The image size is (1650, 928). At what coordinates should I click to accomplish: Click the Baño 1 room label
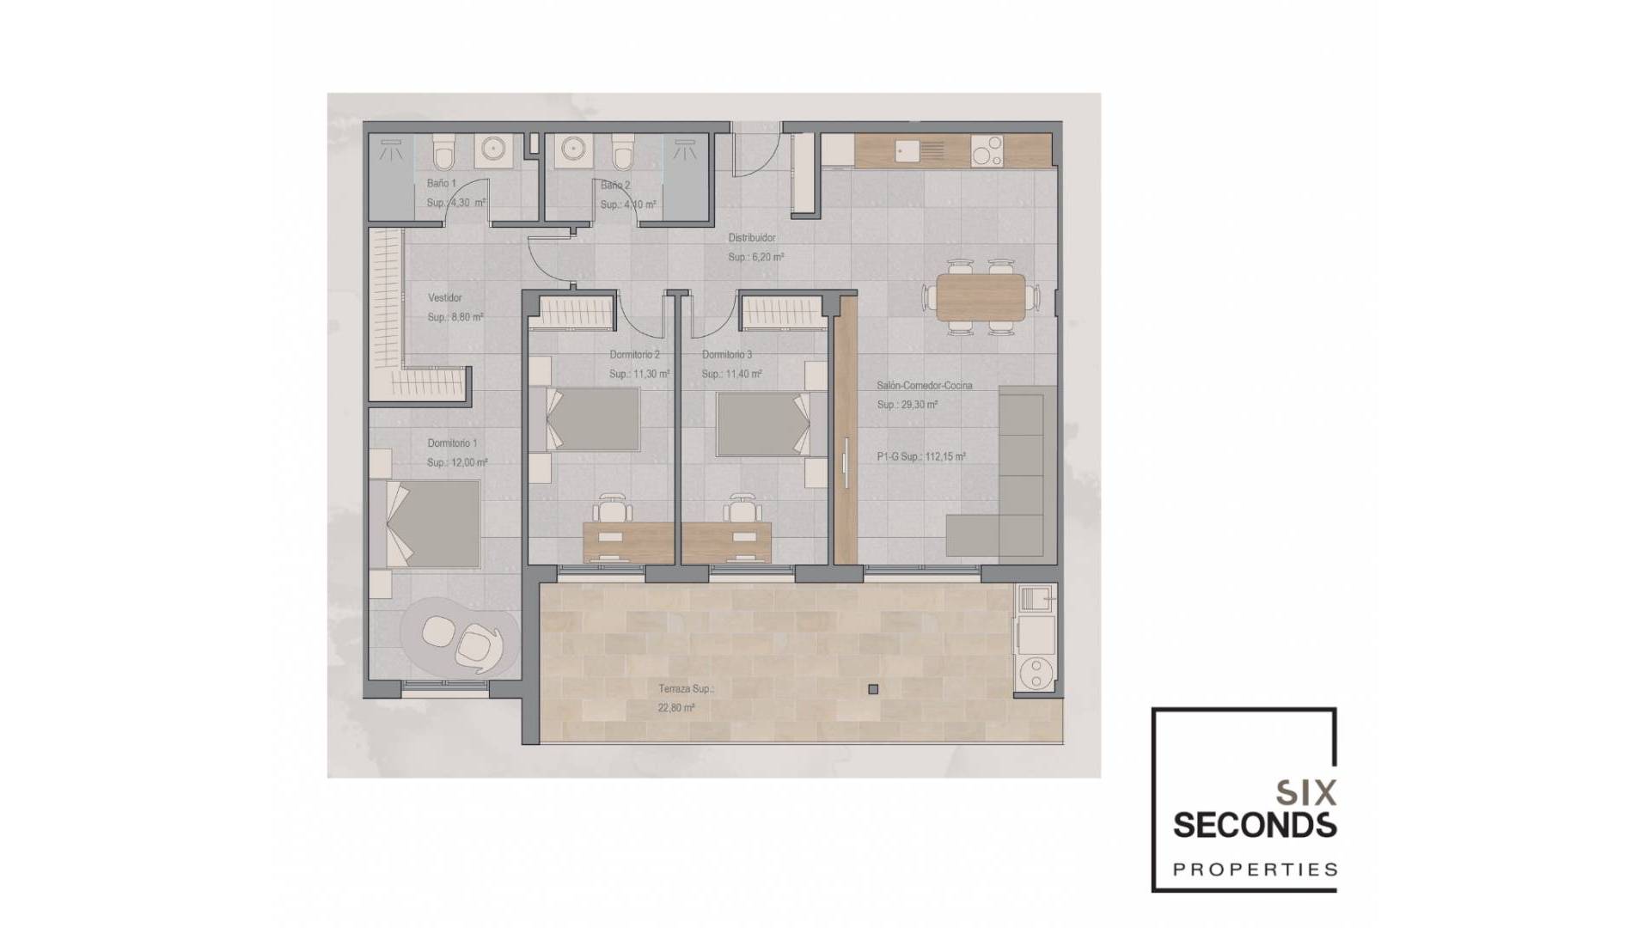(x=442, y=184)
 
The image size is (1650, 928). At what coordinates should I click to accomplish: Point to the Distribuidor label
(x=752, y=238)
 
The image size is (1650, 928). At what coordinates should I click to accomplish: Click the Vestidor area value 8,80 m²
(x=455, y=318)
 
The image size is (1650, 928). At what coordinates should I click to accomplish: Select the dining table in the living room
(x=981, y=296)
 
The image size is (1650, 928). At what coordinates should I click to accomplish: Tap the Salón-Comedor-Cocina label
(x=925, y=386)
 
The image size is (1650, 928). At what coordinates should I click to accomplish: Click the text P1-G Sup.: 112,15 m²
(x=921, y=457)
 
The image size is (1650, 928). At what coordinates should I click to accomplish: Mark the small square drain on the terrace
(x=873, y=689)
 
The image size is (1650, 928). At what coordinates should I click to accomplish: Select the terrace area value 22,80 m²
(x=676, y=708)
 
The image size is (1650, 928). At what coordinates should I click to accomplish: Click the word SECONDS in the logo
(x=1254, y=825)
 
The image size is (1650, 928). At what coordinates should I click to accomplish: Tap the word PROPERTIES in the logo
(x=1255, y=870)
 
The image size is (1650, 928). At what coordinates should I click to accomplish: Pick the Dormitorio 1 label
(x=452, y=443)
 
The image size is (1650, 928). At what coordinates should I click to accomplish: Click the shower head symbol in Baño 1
(x=393, y=150)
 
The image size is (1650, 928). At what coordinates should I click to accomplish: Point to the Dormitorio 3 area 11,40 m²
(x=731, y=375)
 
